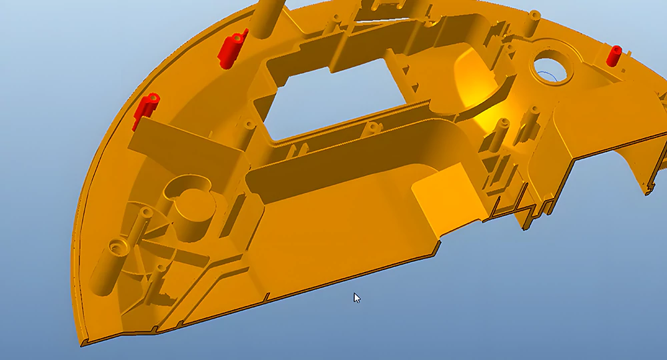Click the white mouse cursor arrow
pos(357,298)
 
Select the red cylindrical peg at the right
pos(614,56)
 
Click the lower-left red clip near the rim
pos(146,109)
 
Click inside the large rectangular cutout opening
pos(333,93)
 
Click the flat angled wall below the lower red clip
pos(167,143)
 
